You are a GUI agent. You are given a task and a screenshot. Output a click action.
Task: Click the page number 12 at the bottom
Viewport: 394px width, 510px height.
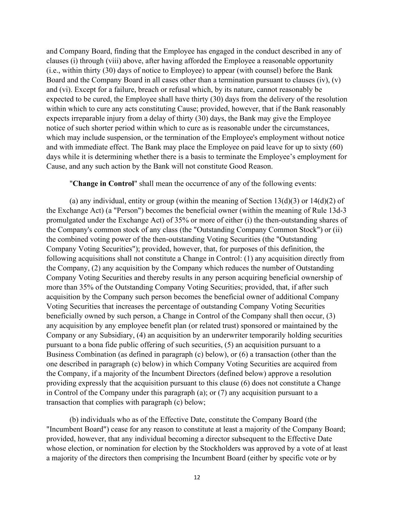coord(197,477)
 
